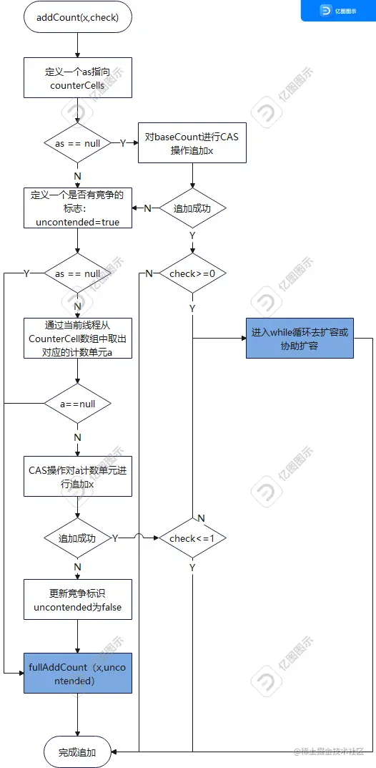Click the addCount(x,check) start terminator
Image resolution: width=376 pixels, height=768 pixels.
coord(78,17)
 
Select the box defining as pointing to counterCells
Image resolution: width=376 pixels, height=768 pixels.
coord(78,77)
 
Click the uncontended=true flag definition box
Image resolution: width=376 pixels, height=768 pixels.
coord(78,208)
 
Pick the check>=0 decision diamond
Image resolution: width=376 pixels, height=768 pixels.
coord(192,273)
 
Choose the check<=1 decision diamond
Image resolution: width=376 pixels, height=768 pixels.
coord(192,538)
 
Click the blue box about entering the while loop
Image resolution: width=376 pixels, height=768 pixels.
coord(300,339)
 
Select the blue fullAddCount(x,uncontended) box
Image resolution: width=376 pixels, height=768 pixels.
coord(78,674)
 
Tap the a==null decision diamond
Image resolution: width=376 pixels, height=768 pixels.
coord(78,404)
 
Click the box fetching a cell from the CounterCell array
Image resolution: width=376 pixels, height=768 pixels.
coord(78,338)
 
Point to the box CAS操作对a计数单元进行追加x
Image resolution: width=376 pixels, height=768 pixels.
coord(78,477)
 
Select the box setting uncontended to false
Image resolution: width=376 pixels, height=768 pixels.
coord(78,600)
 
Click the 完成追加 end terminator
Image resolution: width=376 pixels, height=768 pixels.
coord(78,752)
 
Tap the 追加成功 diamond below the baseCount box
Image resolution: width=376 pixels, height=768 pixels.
coord(192,208)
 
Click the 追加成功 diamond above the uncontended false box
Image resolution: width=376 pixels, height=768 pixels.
coord(78,538)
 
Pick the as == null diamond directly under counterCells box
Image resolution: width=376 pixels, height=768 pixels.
coord(78,143)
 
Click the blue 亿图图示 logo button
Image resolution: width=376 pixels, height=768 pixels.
coord(337,11)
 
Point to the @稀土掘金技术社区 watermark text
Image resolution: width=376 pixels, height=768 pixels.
coord(328,751)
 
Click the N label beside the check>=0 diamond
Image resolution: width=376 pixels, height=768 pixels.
coord(149,274)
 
